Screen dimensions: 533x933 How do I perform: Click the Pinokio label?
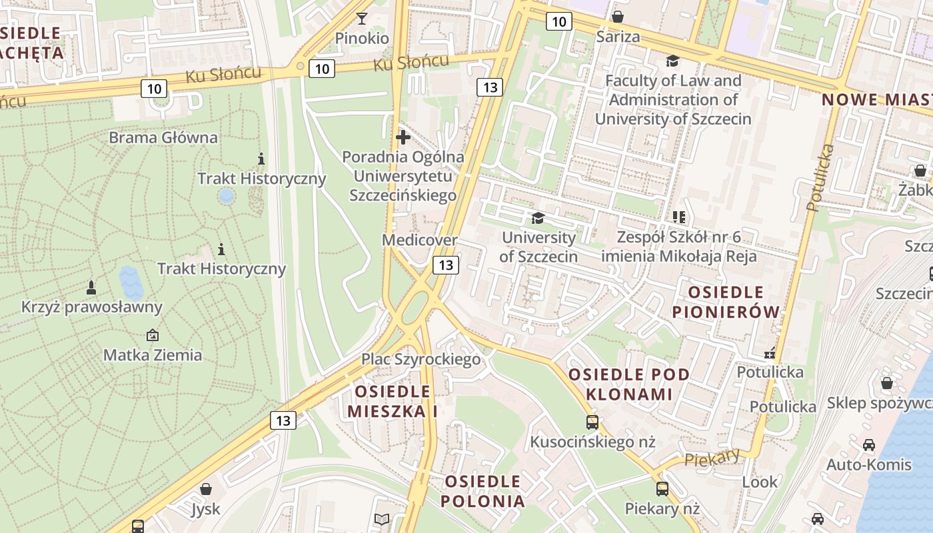pos(362,38)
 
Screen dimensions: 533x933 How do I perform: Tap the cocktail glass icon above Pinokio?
pos(362,18)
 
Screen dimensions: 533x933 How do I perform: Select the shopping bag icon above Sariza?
pos(618,17)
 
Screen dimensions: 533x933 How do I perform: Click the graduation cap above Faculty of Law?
pos(672,61)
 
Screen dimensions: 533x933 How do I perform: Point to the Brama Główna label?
pos(163,138)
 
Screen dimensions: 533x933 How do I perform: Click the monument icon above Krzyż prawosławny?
pos(91,287)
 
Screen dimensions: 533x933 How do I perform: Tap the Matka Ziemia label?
pos(153,355)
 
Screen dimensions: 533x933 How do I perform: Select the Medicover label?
pos(420,240)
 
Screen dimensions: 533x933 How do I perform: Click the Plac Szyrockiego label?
pos(421,360)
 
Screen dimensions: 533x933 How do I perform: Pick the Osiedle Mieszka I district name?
pos(393,401)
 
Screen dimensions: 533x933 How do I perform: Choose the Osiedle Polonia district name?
pos(483,491)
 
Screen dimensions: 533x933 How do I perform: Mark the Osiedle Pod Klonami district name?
pos(629,384)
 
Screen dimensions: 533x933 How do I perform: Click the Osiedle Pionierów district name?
pos(726,302)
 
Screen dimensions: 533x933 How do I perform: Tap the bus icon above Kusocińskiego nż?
pos(592,422)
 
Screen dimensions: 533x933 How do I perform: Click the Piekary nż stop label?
pos(662,509)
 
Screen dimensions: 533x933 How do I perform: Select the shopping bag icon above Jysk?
pos(206,490)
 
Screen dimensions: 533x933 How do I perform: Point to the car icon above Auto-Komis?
pos(869,444)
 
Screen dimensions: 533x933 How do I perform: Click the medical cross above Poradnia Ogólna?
pos(403,138)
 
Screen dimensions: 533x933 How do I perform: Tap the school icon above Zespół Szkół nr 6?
pos(679,217)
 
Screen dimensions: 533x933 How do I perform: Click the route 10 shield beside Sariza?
pos(558,22)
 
